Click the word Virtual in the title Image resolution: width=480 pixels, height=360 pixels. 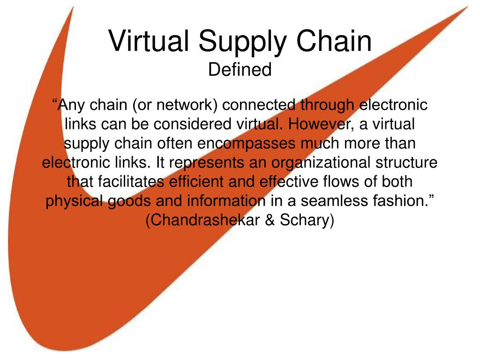(x=149, y=41)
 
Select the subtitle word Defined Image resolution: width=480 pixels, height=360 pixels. (x=240, y=69)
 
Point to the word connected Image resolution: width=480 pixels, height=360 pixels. (x=259, y=105)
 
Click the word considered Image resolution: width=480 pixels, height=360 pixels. (x=192, y=124)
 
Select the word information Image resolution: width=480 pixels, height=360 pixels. (x=226, y=201)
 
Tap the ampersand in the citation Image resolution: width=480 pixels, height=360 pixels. (x=270, y=220)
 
